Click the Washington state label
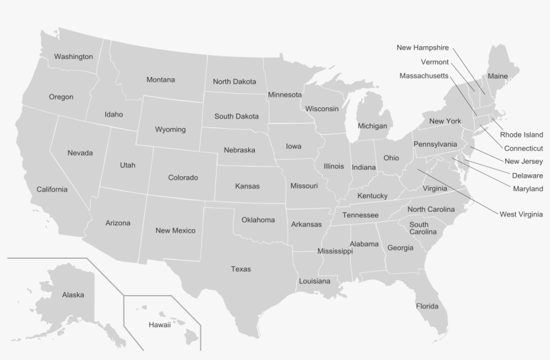[x=73, y=56]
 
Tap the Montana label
[x=160, y=80]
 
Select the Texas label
[x=241, y=269]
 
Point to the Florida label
[x=427, y=306]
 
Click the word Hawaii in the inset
[x=160, y=325]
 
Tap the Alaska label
[x=73, y=294]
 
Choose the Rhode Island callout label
[x=521, y=135]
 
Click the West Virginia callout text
[x=520, y=215]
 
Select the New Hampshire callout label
[x=423, y=48]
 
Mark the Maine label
[x=497, y=76]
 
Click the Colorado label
[x=182, y=178]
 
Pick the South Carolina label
[x=419, y=228]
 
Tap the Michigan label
[x=372, y=126]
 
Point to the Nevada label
[x=80, y=153]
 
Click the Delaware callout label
[x=527, y=176]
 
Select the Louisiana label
[x=315, y=281]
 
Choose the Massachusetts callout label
[x=424, y=76]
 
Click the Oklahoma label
[x=258, y=220]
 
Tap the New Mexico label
[x=175, y=231]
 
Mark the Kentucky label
[x=372, y=196]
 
